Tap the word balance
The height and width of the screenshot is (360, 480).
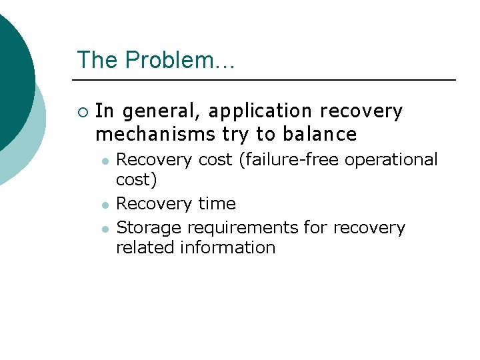coord(319,134)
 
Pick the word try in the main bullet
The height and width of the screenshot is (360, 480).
coord(235,135)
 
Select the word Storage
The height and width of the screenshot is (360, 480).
coord(149,228)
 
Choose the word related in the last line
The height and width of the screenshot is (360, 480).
coord(141,247)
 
